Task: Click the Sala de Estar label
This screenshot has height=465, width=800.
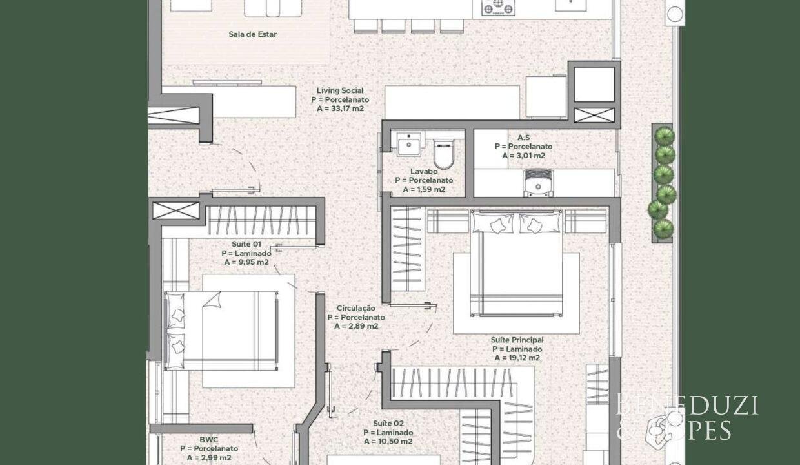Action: (252, 34)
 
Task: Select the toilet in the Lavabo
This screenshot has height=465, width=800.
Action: (444, 154)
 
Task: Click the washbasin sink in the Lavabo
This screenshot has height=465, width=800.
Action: (408, 144)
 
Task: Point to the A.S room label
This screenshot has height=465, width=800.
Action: (524, 138)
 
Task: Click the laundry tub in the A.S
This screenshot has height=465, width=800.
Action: (538, 183)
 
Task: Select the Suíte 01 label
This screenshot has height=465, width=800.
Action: (246, 244)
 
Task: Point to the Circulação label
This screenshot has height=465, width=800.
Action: (356, 308)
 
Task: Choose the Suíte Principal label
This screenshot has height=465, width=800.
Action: (517, 340)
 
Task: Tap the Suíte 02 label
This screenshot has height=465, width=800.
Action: (388, 424)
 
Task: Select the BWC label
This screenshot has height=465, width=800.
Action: (209, 440)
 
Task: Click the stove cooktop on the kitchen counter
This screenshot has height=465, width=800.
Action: (498, 7)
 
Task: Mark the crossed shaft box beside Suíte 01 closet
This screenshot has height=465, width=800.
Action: (175, 211)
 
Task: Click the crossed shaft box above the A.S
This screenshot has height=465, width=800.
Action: (594, 115)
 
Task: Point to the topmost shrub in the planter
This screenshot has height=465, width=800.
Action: (665, 136)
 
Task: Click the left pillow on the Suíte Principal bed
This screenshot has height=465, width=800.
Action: (493, 223)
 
